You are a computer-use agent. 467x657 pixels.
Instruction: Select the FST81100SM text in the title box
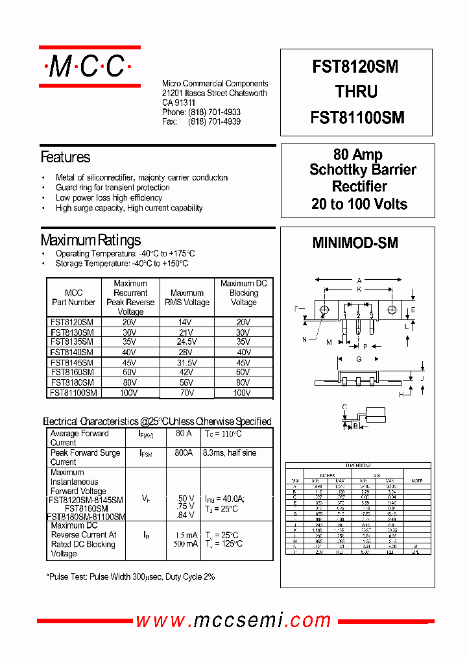357,118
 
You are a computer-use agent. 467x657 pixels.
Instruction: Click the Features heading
65,157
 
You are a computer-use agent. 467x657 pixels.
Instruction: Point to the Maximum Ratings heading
90,240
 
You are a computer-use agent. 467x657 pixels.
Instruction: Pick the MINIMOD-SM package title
355,243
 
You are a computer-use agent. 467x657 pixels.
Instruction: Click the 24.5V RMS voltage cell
187,341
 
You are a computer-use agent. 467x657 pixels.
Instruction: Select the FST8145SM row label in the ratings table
72,363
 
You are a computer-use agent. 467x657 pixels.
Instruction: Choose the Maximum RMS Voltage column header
187,297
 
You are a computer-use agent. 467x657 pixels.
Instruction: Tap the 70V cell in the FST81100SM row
187,393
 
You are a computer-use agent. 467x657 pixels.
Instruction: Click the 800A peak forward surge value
184,452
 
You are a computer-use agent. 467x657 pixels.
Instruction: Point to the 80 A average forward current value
184,434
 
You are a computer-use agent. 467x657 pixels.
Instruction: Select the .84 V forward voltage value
186,515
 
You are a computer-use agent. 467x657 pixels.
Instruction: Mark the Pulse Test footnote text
130,576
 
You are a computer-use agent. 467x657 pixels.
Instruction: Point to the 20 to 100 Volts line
359,204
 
